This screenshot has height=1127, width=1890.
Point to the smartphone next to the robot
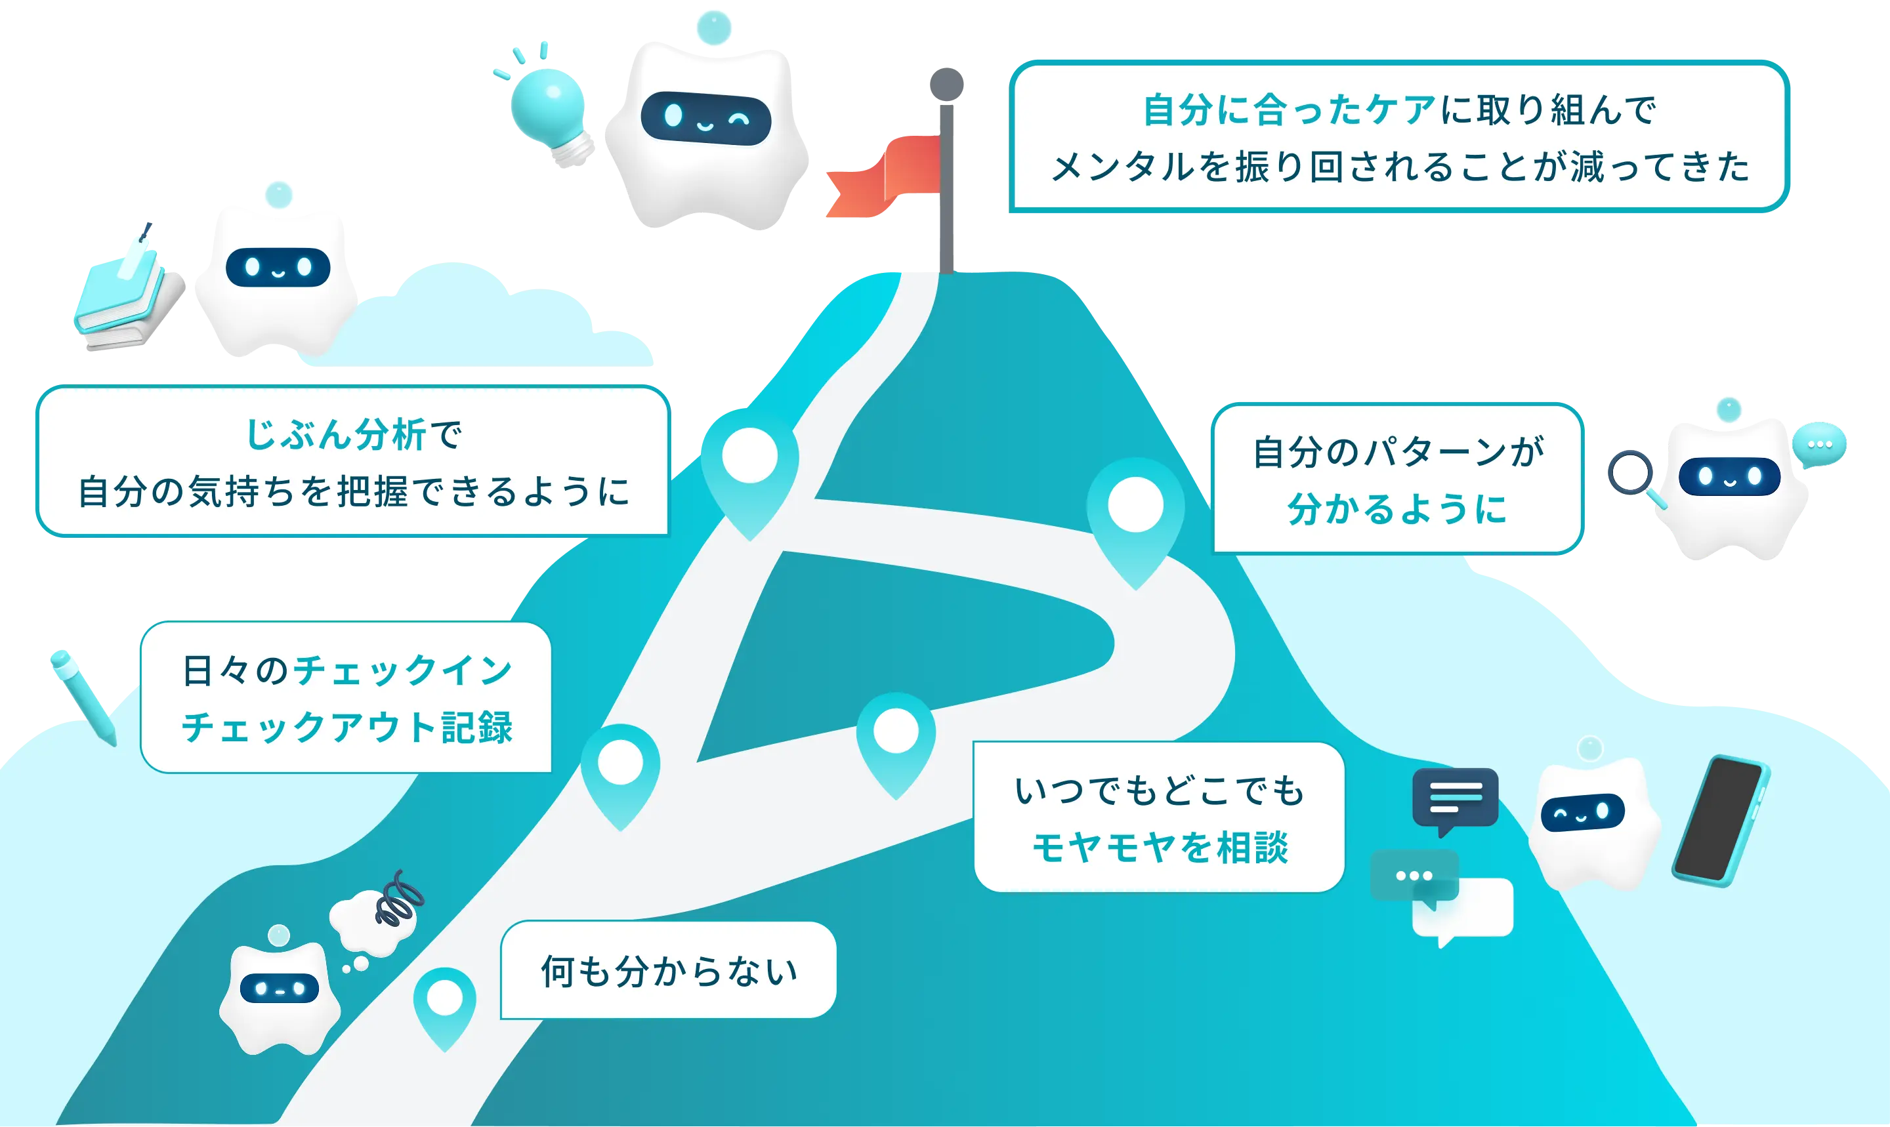pos(1721,820)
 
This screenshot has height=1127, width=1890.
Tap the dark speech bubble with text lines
pos(1455,798)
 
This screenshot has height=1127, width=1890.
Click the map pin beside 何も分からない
pos(445,1002)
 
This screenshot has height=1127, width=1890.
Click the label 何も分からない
pos(669,971)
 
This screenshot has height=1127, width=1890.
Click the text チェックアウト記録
pos(347,727)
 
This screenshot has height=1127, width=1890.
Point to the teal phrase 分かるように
pos(1397,509)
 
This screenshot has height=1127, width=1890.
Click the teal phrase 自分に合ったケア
pos(1289,110)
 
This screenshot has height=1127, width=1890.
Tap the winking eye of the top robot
pos(739,119)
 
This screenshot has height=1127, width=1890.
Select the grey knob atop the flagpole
pos(946,82)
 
